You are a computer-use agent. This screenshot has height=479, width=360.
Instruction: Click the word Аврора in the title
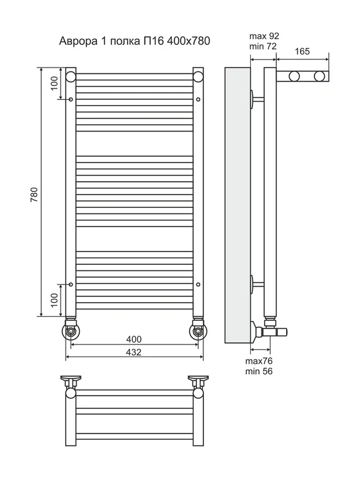point(76,41)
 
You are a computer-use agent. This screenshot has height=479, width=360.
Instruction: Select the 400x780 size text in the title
point(188,41)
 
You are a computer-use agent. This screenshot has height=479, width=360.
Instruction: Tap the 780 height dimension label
point(34,195)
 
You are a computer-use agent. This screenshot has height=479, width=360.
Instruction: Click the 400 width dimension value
point(134,339)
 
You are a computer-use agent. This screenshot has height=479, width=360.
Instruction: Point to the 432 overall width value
point(134,352)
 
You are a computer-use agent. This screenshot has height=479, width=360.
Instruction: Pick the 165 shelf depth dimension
point(303,51)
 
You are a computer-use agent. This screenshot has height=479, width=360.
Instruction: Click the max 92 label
point(264,36)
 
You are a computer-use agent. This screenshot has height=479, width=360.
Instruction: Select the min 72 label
point(263,46)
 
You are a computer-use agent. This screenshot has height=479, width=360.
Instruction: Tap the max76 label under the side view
point(259,361)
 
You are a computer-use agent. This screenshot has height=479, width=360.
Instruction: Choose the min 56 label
point(259,372)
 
